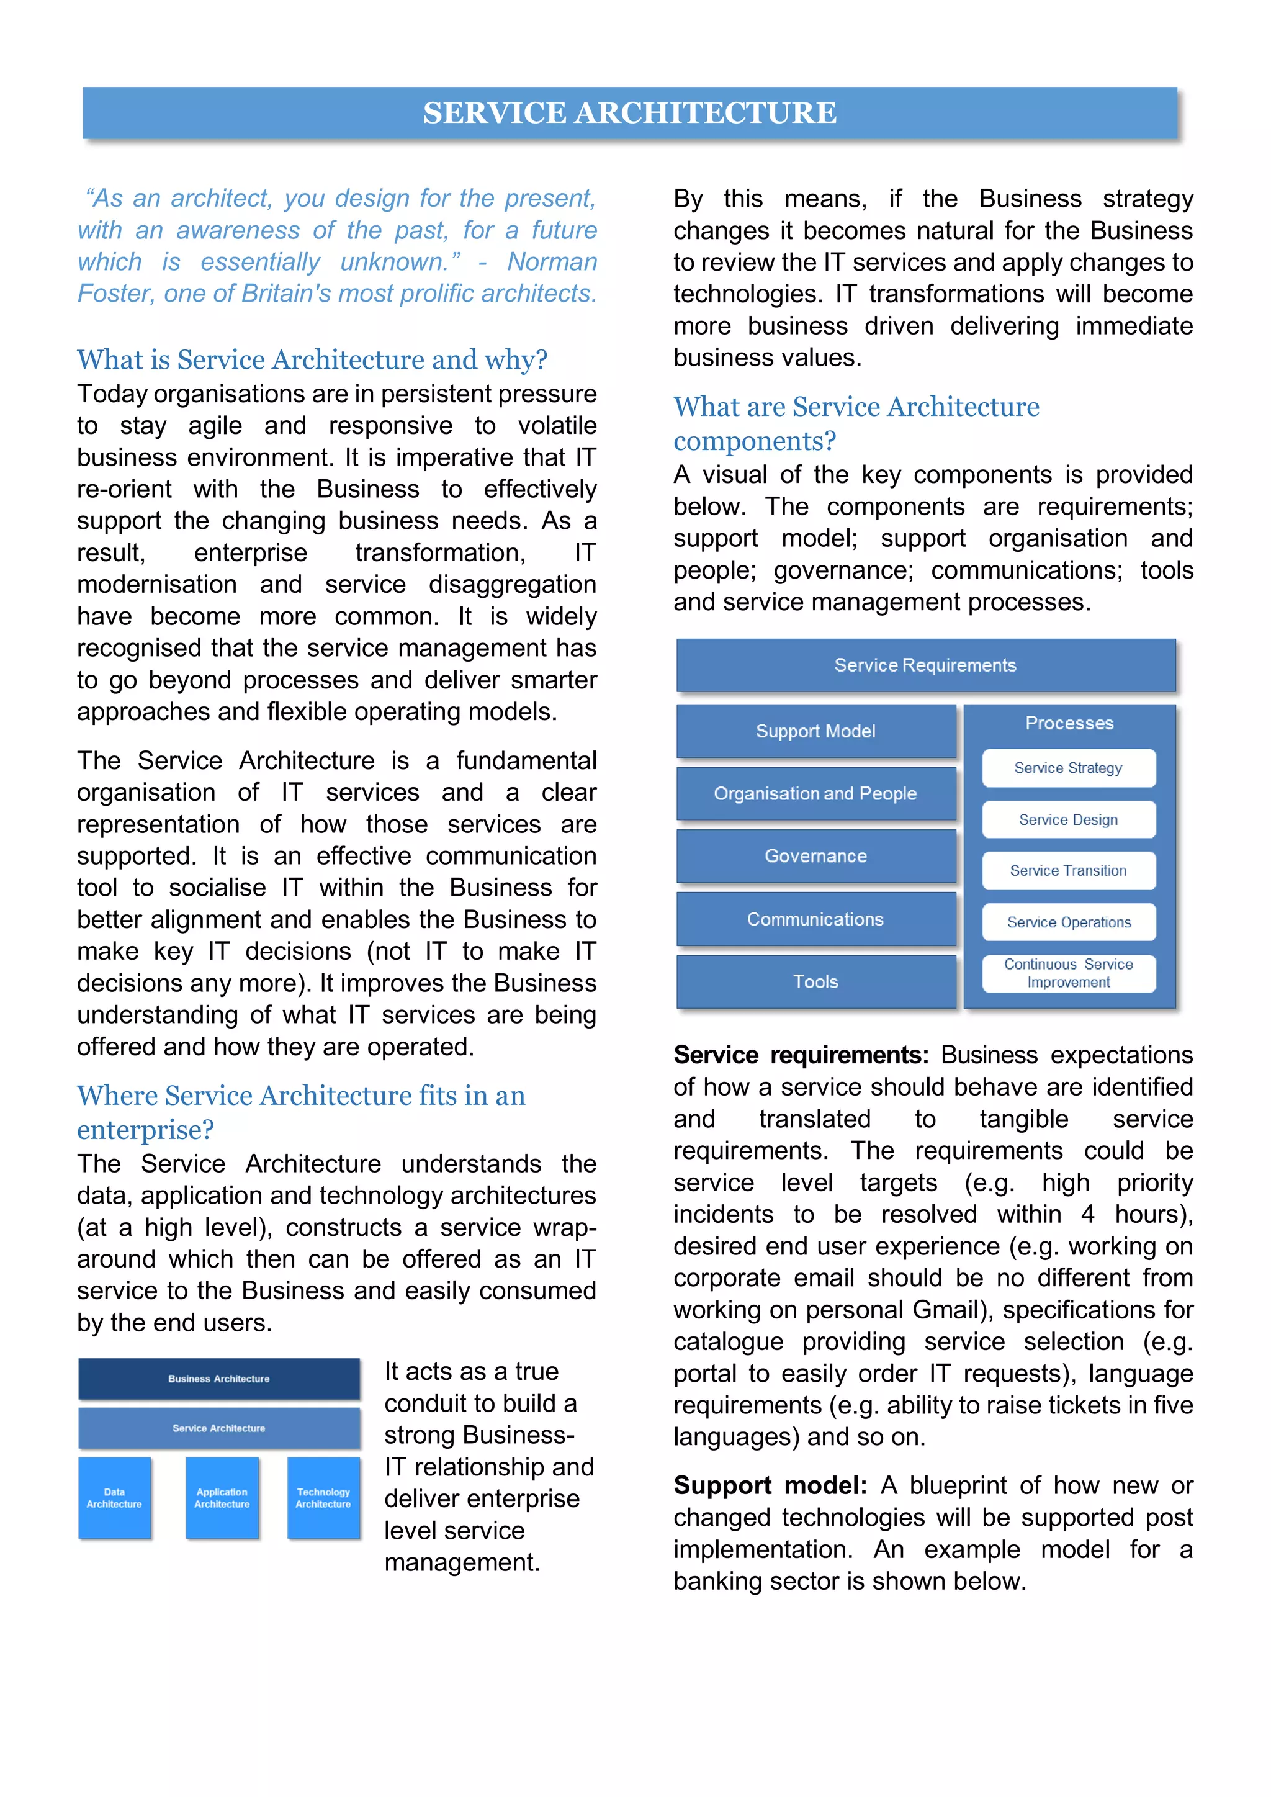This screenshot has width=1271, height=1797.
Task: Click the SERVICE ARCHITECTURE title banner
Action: coord(630,113)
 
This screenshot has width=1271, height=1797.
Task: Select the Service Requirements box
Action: coord(925,665)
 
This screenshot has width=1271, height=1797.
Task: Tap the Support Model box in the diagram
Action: coord(815,731)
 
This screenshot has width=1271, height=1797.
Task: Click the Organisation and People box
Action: coord(815,794)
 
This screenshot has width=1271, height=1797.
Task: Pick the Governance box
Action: coord(815,856)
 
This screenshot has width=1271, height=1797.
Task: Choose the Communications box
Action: coord(815,919)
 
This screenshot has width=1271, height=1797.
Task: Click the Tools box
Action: coord(815,981)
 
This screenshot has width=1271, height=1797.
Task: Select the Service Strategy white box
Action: coord(1068,768)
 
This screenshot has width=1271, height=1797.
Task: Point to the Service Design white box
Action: coord(1068,819)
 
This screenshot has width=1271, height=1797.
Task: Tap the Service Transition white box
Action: coord(1068,870)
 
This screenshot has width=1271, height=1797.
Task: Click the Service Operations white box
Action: coord(1068,922)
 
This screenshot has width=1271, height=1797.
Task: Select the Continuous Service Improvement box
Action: coord(1068,973)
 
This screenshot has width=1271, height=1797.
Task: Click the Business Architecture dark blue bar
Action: coord(219,1378)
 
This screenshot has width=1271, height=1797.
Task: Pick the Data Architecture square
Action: coord(114,1497)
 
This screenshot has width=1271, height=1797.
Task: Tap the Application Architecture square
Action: coord(222,1497)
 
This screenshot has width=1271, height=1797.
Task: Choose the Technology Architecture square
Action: coord(323,1497)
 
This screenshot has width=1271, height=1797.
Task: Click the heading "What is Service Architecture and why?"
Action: coord(312,359)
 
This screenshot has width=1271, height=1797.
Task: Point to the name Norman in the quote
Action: coord(552,261)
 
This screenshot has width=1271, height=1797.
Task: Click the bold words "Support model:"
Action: coord(770,1485)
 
